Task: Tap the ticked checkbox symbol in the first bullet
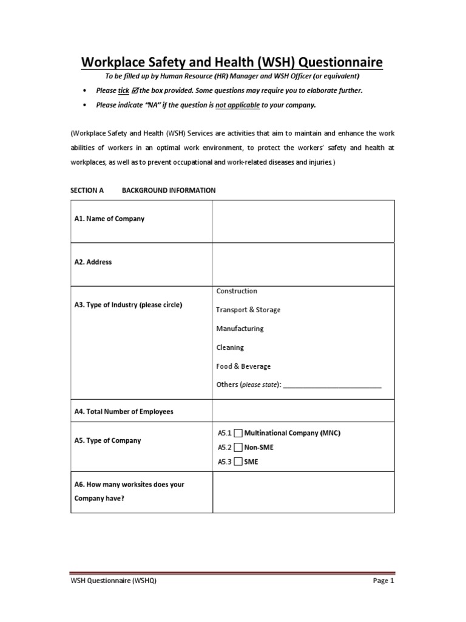click(x=135, y=91)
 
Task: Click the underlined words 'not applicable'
click(x=238, y=104)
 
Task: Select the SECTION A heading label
click(x=87, y=190)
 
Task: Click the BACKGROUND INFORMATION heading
click(x=169, y=190)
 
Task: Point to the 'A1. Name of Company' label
click(x=109, y=219)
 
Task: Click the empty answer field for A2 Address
click(x=303, y=264)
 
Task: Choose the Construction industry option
click(x=237, y=291)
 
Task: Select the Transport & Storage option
click(x=248, y=310)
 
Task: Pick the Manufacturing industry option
click(x=240, y=329)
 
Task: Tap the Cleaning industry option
click(x=230, y=347)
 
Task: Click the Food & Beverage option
click(x=243, y=366)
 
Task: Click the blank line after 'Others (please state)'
click(x=333, y=385)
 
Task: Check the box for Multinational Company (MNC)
click(x=238, y=433)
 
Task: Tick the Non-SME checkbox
click(x=238, y=447)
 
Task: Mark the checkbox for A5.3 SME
click(x=238, y=462)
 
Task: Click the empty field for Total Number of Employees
click(x=303, y=411)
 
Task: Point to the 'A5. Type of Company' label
click(x=107, y=440)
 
